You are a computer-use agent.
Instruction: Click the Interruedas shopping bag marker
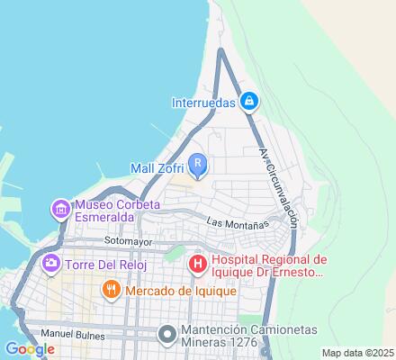251,102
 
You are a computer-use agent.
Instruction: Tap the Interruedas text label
203,103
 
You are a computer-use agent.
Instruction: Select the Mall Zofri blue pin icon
199,164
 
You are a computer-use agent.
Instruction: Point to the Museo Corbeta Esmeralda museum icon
60,210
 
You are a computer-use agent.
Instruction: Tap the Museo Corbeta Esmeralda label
110,210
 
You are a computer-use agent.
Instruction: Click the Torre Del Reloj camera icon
50,263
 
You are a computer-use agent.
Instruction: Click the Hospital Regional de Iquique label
269,265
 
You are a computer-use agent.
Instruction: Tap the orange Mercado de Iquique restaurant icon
112,290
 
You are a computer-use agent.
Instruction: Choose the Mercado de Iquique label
181,291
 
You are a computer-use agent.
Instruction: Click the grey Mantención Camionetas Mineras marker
166,335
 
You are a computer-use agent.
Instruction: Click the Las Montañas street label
238,221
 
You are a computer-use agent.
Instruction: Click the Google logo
30,349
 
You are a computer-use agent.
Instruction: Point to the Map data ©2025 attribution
357,352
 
